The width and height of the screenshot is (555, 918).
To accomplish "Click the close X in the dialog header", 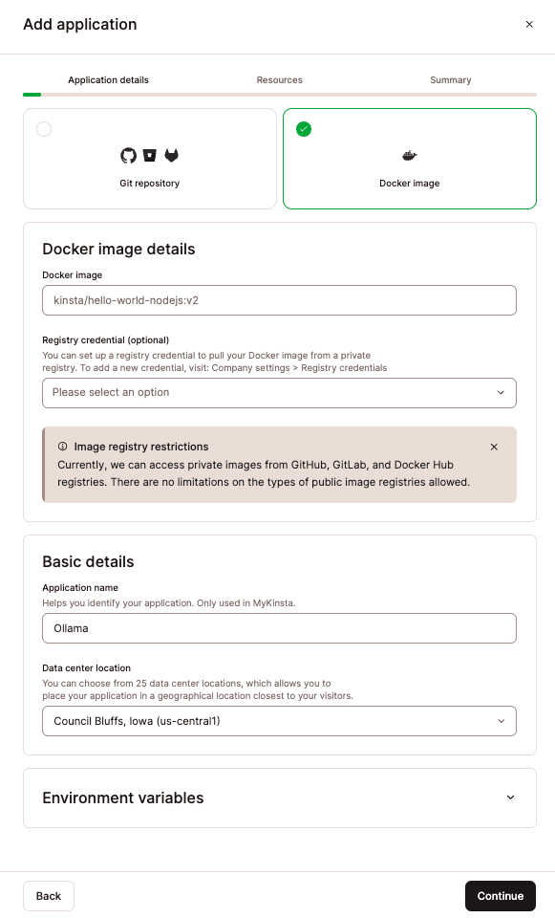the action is click(x=529, y=25).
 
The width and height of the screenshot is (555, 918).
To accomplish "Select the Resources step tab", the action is click(x=279, y=80).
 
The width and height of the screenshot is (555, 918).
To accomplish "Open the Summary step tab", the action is click(x=450, y=80).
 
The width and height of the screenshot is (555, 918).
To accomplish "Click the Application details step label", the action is click(x=108, y=80).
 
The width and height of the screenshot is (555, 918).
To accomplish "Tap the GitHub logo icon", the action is click(x=128, y=155).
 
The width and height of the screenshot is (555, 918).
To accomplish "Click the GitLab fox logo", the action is click(x=172, y=155).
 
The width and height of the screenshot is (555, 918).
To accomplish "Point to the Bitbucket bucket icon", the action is click(x=150, y=155).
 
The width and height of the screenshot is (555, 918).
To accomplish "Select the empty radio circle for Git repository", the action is click(x=44, y=129).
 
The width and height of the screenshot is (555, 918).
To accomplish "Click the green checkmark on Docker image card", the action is click(x=304, y=129).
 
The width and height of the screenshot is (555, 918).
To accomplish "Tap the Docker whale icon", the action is click(x=409, y=155).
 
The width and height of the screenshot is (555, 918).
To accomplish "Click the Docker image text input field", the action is click(x=279, y=300).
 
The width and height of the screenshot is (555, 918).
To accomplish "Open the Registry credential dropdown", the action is click(x=279, y=392).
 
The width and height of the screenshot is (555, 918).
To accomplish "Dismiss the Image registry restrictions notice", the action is click(x=494, y=447).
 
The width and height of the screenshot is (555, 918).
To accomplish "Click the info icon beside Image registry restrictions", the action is click(x=63, y=447).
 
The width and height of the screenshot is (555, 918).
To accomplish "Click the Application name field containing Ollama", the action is click(x=279, y=628).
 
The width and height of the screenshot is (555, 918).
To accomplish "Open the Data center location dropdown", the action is click(x=279, y=721).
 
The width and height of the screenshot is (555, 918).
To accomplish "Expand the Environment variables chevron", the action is click(x=510, y=798).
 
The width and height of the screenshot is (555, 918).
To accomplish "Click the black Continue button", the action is click(x=500, y=896).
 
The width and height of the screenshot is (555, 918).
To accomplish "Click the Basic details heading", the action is click(x=88, y=561).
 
